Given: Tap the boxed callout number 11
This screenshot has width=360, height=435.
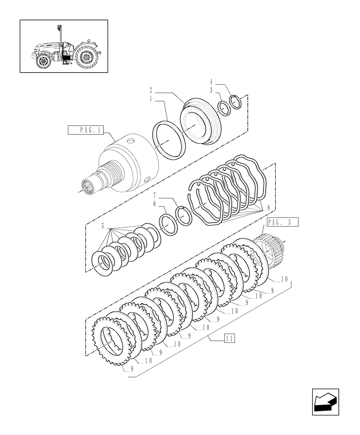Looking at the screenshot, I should click(230, 338).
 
